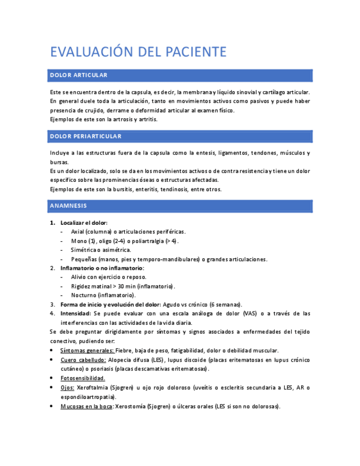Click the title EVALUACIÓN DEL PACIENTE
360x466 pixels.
coord(138,52)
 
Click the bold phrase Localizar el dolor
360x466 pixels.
coord(84,223)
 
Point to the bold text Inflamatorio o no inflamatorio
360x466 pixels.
coord(102,268)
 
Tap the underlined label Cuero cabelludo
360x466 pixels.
coord(83,359)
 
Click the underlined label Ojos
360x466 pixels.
coord(67,387)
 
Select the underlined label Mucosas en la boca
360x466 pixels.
coord(86,406)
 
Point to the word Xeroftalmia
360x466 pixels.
coord(92,387)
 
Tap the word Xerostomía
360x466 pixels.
coord(130,406)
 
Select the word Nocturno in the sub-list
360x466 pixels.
coord(85,295)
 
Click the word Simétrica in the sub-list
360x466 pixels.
coord(86,249)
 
